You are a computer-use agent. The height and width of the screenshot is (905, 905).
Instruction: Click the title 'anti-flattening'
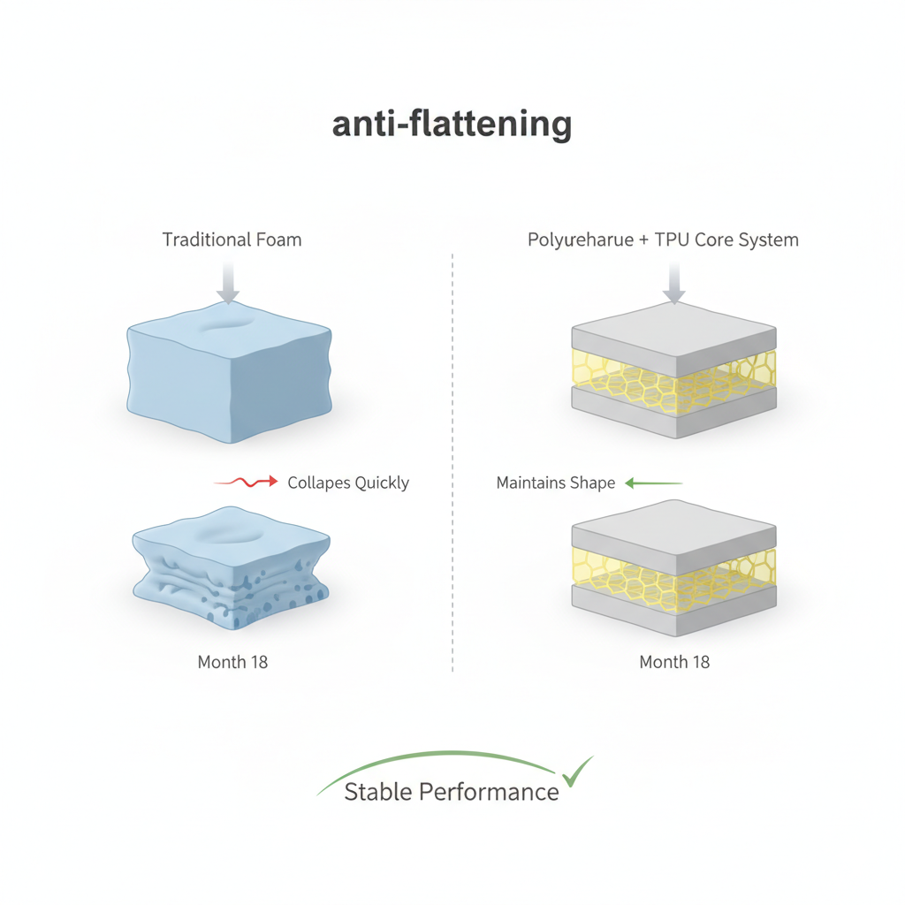(x=452, y=125)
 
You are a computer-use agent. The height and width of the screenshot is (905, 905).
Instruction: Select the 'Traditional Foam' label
(x=232, y=240)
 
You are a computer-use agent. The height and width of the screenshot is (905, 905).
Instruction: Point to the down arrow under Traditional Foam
(x=228, y=284)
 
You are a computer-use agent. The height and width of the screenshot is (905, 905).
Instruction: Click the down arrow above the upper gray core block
(x=674, y=284)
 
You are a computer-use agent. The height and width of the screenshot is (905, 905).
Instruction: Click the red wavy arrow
(x=247, y=483)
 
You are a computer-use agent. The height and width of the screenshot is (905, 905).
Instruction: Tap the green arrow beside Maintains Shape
(x=654, y=483)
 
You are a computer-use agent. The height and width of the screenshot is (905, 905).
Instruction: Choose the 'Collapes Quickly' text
(x=348, y=483)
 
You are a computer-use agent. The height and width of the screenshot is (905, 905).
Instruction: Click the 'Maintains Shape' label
(x=556, y=483)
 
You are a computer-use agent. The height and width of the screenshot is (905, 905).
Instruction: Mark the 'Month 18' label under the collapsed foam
(x=232, y=662)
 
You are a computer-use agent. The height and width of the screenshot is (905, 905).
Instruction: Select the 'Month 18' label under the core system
(x=674, y=662)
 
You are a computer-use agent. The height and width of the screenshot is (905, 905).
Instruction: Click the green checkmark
(x=578, y=771)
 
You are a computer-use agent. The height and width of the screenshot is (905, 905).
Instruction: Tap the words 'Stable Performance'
(x=451, y=792)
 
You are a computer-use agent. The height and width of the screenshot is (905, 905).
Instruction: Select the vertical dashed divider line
(x=452, y=460)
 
